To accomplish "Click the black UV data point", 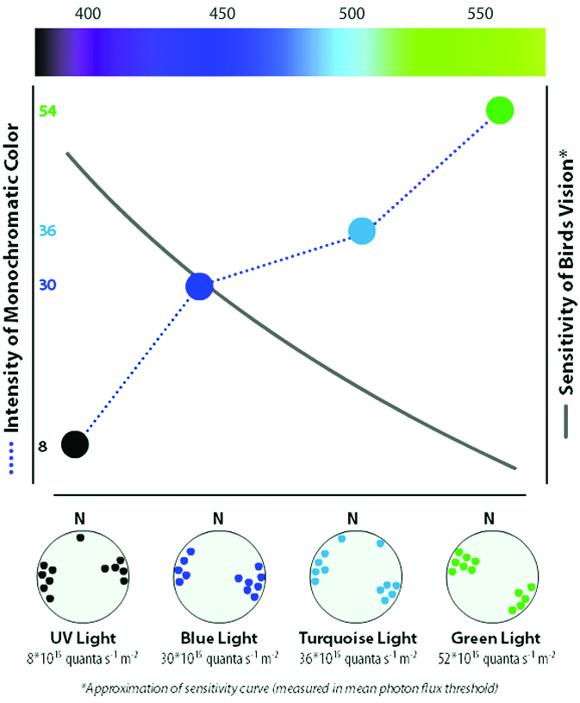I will tap(75, 444).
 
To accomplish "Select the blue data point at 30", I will tap(199, 286).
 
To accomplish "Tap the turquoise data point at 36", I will tap(363, 230).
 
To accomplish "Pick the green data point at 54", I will tap(500, 110).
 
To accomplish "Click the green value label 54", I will tap(47, 112).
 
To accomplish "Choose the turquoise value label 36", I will tap(47, 231).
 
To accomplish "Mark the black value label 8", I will tap(42, 446).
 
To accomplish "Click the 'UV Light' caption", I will tap(81, 638).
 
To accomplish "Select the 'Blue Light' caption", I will tap(218, 638).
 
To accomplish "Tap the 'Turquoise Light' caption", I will tap(357, 638).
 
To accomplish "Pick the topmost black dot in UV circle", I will tap(80, 537).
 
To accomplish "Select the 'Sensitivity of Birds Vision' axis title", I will tap(567, 293).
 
